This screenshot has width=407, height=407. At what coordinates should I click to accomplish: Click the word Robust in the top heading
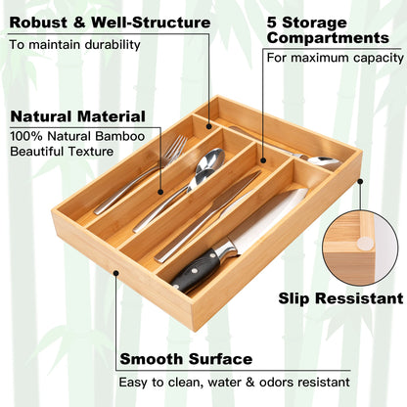point(38,22)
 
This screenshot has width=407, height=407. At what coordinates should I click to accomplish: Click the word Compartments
point(328,38)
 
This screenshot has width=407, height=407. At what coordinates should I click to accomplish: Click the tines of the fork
point(174,148)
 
